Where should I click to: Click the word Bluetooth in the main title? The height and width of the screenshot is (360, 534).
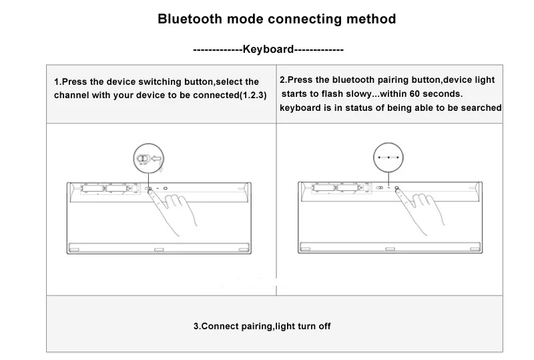(x=188, y=19)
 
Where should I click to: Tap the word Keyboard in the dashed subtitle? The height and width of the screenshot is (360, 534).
(x=268, y=49)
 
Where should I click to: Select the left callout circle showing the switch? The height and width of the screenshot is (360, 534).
(x=149, y=159)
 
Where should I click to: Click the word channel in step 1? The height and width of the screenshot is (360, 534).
(x=72, y=96)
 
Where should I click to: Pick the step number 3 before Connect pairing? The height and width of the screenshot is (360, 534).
(x=196, y=327)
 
